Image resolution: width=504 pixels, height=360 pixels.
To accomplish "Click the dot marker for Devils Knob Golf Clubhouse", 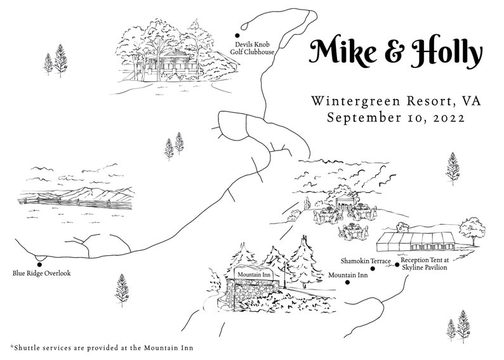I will tap(237, 36).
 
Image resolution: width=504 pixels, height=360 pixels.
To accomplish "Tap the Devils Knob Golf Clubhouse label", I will tap(252, 48).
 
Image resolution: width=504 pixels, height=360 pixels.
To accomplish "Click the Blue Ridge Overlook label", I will tap(41, 274).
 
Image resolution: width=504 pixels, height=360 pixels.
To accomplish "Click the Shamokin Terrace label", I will tap(365, 261).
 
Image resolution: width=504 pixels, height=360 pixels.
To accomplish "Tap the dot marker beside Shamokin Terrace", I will tap(373, 269).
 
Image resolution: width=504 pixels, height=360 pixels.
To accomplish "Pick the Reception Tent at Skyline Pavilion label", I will tap(424, 264).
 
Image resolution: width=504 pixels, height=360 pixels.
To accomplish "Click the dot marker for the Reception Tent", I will tap(397, 264).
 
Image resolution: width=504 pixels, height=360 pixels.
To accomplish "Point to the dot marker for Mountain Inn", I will tap(347, 282).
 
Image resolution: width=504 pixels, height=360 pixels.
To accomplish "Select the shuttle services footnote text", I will tap(102, 347).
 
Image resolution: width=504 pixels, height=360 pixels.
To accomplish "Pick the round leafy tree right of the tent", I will tap(471, 227).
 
